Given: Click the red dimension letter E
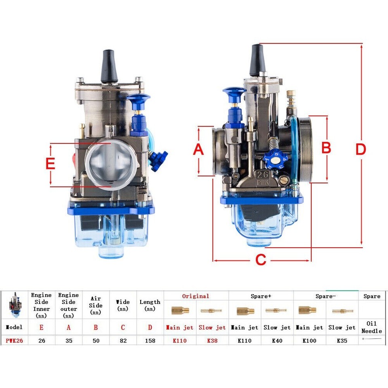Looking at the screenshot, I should tap(50, 164).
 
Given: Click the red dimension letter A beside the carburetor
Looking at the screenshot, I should tap(198, 150).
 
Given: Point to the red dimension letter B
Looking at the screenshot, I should tap(326, 148).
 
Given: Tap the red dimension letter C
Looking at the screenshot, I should tap(261, 260).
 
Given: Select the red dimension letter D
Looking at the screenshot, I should tap(361, 150).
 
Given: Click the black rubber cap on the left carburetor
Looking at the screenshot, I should tap(109, 66).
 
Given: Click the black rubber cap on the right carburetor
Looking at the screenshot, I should tap(257, 60).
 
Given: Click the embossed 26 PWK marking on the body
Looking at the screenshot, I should tap(263, 178).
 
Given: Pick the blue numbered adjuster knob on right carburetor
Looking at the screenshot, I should tap(275, 158).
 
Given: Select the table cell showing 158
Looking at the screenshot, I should tap(150, 341).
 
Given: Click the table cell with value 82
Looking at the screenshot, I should tap(123, 341).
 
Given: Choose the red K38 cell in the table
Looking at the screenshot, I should tap(212, 341).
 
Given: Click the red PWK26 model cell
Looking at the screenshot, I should tap(14, 341).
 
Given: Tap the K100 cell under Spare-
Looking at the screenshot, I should tap(310, 341).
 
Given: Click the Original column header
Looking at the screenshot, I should tap(196, 296).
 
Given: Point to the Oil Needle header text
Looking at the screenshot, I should tap(371, 327).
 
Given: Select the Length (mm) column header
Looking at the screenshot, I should tap(150, 305).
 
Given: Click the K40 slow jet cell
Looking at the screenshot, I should tap(277, 341).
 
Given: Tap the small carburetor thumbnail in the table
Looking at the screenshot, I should tap(15, 305).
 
